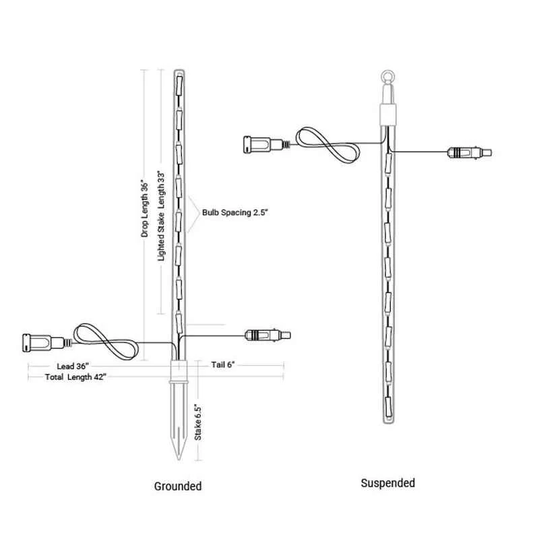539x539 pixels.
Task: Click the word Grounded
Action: point(178,486)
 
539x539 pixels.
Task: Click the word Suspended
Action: point(388,483)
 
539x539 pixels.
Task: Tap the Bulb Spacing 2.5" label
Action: point(234,212)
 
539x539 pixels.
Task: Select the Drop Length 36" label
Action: point(145,208)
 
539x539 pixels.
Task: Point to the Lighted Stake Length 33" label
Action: point(161,216)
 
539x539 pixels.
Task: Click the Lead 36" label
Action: point(73,366)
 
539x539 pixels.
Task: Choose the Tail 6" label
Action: point(223,364)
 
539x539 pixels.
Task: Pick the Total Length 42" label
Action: point(75,377)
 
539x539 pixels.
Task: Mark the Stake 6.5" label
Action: point(198,422)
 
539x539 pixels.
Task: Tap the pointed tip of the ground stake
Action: point(178,459)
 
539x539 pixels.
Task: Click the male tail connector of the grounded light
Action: point(267,335)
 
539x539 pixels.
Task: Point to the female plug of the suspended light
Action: point(267,144)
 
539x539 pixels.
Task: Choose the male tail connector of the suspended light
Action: point(469,153)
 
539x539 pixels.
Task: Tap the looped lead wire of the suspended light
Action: point(327,145)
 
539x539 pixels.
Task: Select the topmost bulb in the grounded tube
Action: point(179,86)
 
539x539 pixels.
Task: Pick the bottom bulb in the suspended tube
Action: point(388,407)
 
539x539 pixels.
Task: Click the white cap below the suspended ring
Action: point(388,115)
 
